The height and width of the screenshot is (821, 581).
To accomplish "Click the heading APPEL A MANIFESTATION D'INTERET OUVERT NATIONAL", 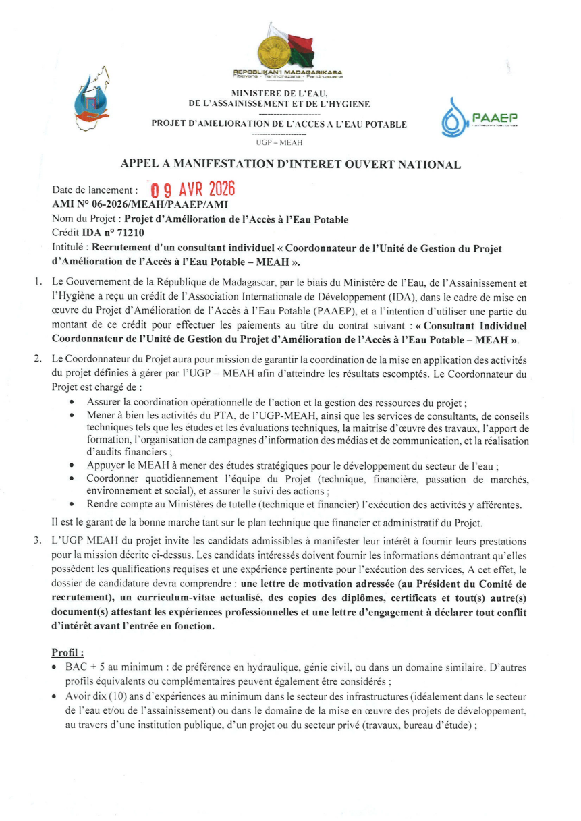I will point(290,164).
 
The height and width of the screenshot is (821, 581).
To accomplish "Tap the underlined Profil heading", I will point(68,653).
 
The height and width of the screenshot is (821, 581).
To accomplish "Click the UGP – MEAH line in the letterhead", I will point(279,142).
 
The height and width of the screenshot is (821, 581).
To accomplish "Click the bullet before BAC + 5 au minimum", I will point(54,667).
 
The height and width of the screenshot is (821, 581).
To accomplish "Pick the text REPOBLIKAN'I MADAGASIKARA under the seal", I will point(288,72).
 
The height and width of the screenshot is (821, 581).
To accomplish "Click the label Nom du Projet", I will point(86,219).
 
